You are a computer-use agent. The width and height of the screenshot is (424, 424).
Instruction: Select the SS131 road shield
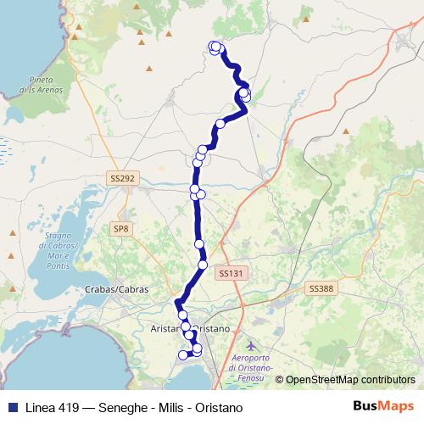click(230, 273)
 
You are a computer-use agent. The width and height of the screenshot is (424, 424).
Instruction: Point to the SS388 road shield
click(321, 288)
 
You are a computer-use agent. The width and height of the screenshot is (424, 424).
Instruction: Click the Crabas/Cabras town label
click(117, 289)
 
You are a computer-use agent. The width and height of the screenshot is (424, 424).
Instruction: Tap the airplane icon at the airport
click(251, 346)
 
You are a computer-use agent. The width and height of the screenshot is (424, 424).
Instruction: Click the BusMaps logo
click(382, 407)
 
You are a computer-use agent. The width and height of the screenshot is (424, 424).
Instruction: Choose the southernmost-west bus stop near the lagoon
click(182, 355)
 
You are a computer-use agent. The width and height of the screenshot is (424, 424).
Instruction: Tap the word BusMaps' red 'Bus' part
click(367, 407)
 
